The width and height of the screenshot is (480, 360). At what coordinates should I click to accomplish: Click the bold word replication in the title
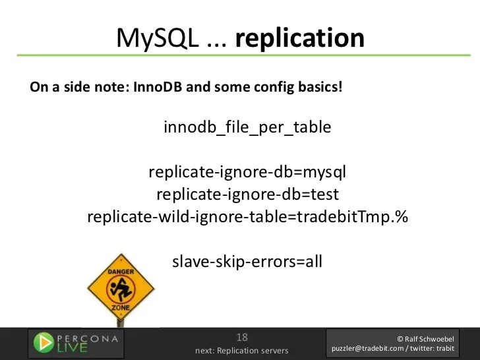pyautogui.click(x=300, y=39)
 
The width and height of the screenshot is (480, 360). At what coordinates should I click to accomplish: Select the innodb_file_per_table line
pyautogui.click(x=247, y=127)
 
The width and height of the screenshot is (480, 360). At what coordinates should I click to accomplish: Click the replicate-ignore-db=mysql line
pyautogui.click(x=247, y=173)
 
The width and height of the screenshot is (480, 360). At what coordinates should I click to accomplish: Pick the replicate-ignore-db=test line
pyautogui.click(x=247, y=195)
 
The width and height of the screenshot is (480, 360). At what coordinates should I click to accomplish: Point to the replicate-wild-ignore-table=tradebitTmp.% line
pyautogui.click(x=247, y=217)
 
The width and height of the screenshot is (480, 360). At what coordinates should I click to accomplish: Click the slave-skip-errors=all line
pyautogui.click(x=247, y=261)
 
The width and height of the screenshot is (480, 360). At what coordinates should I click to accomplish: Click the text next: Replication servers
pyautogui.click(x=241, y=350)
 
